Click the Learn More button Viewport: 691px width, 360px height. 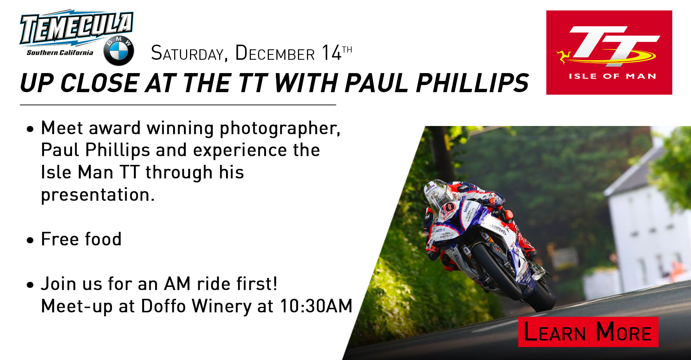[x=588, y=332]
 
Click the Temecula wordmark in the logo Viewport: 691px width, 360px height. [x=77, y=28]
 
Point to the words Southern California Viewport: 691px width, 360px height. [x=60, y=53]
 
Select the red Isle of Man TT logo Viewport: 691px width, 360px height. [x=609, y=53]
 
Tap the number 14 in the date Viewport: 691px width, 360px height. [x=331, y=53]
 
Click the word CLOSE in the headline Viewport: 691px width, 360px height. [x=100, y=83]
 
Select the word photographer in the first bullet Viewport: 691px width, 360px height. [x=280, y=129]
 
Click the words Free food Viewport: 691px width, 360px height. [x=81, y=239]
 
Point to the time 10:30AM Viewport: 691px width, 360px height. [x=316, y=306]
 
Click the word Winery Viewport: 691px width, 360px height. [x=221, y=307]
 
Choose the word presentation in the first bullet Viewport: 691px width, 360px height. [x=98, y=195]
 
